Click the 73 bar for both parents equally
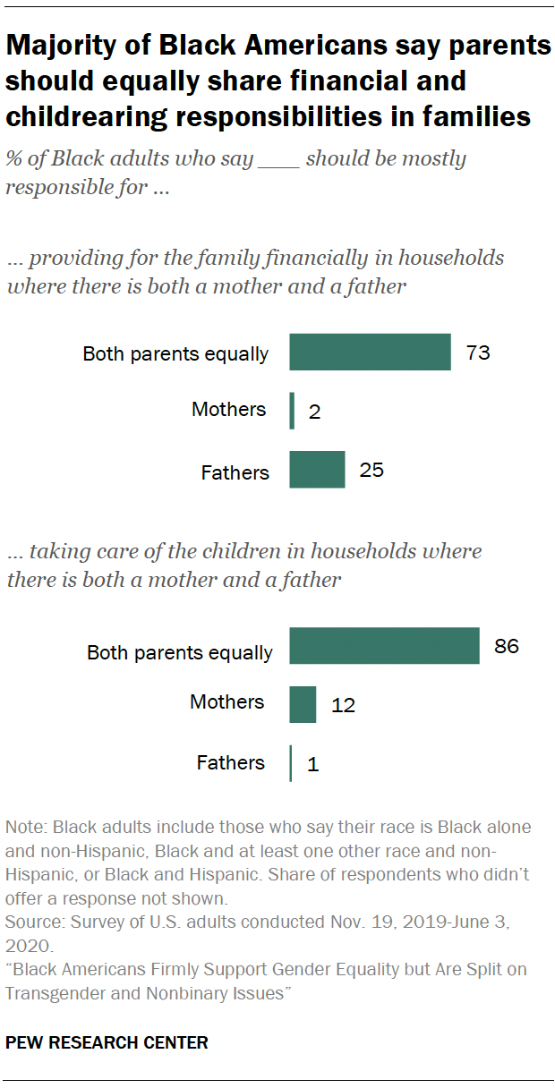(370, 352)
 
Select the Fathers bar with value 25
(317, 469)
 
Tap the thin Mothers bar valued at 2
(292, 411)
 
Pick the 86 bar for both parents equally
(384, 645)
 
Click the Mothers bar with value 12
(303, 704)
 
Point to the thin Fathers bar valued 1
(291, 763)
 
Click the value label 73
(478, 353)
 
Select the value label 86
(506, 645)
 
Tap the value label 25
(371, 469)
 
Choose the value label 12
(343, 705)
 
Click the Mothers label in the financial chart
(229, 410)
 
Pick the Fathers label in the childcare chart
(231, 763)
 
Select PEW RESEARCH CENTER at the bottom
(107, 1042)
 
